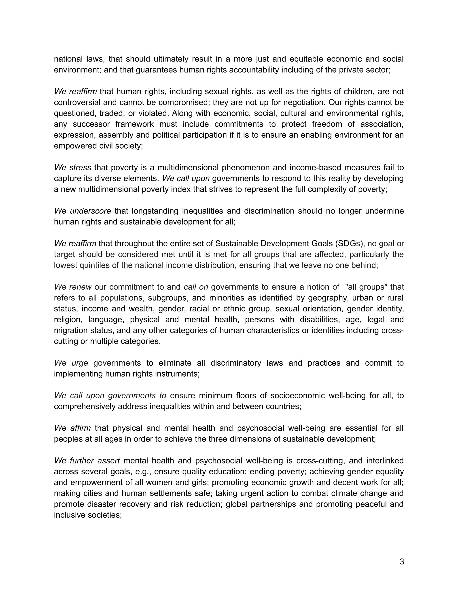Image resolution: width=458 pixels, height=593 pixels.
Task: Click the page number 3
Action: click(x=402, y=561)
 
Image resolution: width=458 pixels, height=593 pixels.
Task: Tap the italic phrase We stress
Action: click(x=72, y=168)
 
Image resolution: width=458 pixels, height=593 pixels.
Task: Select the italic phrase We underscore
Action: click(x=83, y=211)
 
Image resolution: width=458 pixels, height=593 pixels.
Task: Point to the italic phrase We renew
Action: click(x=73, y=287)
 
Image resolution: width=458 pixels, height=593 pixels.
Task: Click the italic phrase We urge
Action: click(x=71, y=363)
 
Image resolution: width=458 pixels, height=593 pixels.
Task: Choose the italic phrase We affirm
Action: click(x=72, y=428)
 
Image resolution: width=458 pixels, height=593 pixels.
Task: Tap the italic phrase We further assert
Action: click(x=87, y=461)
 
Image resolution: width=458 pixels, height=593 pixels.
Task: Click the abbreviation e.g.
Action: click(x=143, y=472)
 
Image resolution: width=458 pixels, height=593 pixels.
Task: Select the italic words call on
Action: click(x=196, y=287)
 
